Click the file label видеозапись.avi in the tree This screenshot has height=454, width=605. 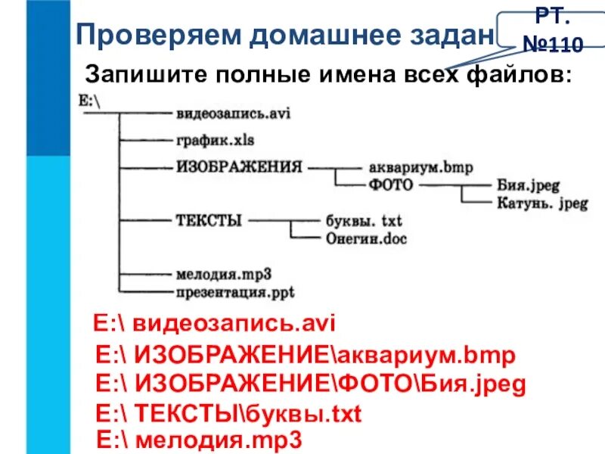point(233,113)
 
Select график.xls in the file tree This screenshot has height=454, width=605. point(215,140)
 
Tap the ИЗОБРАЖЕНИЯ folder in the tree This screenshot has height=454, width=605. point(239,166)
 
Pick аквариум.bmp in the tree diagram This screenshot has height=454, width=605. point(420,166)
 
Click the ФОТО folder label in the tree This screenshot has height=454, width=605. point(391,184)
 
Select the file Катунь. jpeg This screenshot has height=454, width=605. point(541,203)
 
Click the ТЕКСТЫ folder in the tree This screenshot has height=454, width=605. point(209,221)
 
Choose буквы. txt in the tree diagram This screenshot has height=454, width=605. point(363,222)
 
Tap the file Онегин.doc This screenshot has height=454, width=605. point(367,238)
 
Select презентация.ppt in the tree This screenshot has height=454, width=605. point(235,291)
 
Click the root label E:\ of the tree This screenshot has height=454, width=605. point(88,99)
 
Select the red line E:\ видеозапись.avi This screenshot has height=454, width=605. point(213,324)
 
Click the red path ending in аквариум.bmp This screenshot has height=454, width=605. point(306,356)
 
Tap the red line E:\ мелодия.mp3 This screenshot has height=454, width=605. point(200,440)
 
